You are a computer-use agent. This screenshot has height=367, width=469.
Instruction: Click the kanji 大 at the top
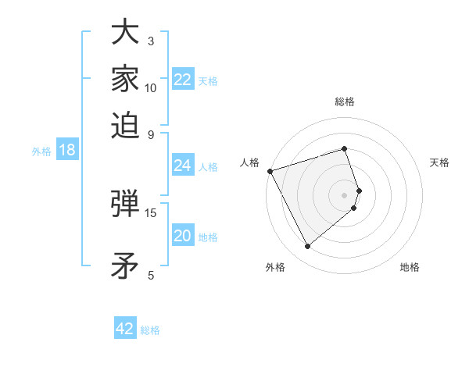tap(125, 33)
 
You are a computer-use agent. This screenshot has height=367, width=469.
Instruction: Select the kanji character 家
tap(125, 78)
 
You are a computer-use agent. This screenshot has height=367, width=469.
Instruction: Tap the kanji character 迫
tap(125, 123)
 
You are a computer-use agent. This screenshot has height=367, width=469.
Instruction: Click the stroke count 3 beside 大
tap(151, 41)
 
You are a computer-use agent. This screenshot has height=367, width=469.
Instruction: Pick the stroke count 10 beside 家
tap(151, 87)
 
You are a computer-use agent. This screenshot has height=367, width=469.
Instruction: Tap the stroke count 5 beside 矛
tap(151, 275)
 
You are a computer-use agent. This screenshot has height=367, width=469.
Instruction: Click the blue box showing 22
tap(183, 80)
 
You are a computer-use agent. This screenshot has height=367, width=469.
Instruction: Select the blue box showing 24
tap(183, 166)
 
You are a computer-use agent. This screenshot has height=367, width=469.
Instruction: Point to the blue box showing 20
tap(183, 236)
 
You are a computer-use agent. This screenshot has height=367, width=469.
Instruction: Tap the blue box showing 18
tap(67, 150)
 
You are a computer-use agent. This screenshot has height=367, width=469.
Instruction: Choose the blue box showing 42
tap(125, 329)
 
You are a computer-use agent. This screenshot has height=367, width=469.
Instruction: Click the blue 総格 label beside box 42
tap(150, 330)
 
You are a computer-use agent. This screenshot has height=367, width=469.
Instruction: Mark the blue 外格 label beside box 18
tap(41, 151)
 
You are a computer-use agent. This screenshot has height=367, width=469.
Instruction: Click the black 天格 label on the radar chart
tap(440, 162)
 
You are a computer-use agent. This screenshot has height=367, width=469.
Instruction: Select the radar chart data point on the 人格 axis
tap(270, 171)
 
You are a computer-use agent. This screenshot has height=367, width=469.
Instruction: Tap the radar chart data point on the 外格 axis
tap(307, 247)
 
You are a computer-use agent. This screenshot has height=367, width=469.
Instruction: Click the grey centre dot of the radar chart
tap(345, 194)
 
